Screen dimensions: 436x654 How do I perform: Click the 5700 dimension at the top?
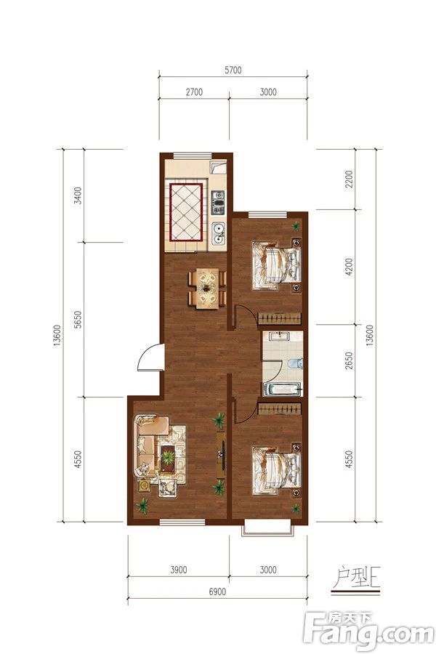pyautogui.click(x=233, y=70)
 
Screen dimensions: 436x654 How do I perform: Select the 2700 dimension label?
pyautogui.click(x=194, y=92)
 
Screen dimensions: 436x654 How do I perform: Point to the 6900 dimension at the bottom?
pyautogui.click(x=217, y=592)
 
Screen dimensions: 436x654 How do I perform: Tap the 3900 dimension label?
pyautogui.click(x=178, y=570)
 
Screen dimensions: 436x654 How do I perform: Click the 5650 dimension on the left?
pyautogui.click(x=78, y=320)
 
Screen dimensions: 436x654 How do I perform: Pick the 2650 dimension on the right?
pyautogui.click(x=350, y=360)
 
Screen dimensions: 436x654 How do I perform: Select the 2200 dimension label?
pyautogui.click(x=350, y=179)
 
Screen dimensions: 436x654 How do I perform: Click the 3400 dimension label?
pyautogui.click(x=78, y=195)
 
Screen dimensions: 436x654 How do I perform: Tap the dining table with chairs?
pyautogui.click(x=207, y=288)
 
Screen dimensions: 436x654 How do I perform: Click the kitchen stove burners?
pyautogui.click(x=218, y=202)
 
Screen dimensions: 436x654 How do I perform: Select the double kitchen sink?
pyautogui.click(x=218, y=233)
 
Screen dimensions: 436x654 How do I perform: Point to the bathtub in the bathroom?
pyautogui.click(x=283, y=389)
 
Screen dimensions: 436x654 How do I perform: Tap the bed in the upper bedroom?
pyautogui.click(x=277, y=265)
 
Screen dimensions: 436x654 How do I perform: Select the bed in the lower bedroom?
pyautogui.click(x=277, y=470)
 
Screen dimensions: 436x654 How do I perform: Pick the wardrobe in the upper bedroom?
pyautogui.click(x=279, y=319)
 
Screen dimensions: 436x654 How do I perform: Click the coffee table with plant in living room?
pyautogui.click(x=168, y=459)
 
